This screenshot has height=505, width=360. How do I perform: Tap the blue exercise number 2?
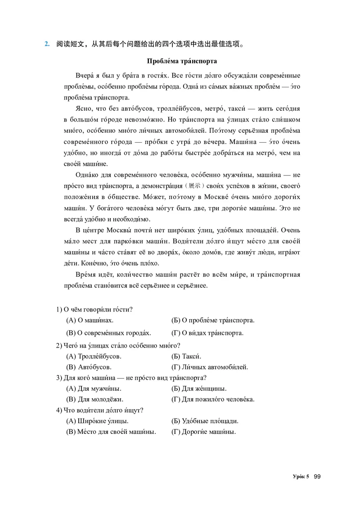click(46, 44)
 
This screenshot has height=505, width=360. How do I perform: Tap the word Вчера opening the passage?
click(87, 75)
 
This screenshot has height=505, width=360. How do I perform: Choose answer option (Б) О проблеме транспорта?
click(213, 320)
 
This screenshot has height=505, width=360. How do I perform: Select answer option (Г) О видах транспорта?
click(207, 333)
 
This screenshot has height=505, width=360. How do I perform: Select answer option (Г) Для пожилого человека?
click(213, 399)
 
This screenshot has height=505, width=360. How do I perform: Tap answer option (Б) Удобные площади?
click(205, 421)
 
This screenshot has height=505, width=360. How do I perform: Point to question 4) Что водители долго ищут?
click(99, 410)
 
